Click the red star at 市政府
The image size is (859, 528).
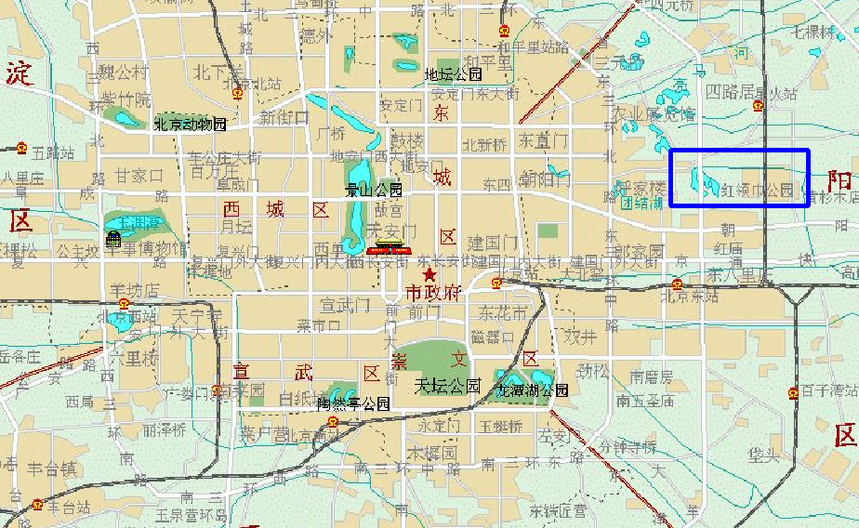[x=429, y=276]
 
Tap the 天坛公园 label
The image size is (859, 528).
[x=447, y=385]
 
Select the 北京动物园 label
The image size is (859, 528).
[x=190, y=124]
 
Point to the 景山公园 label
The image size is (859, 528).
[x=373, y=191]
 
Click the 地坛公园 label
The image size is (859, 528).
[x=453, y=74]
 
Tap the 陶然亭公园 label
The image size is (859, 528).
[x=352, y=404]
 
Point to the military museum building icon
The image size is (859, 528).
[x=113, y=240]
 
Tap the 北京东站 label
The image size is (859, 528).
[x=690, y=297]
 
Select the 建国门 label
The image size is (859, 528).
[x=492, y=244]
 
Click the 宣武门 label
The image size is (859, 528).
[x=345, y=305]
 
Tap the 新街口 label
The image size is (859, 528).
[x=281, y=118]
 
